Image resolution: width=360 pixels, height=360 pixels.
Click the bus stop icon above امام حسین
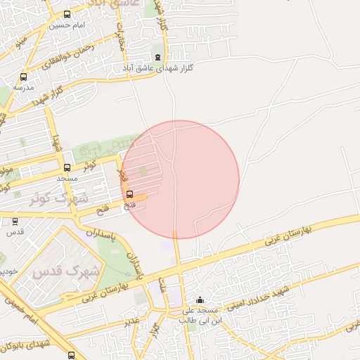[x=67, y=14]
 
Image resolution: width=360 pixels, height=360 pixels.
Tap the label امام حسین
[x=67, y=25]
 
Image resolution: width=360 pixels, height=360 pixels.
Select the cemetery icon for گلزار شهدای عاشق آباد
[x=157, y=58]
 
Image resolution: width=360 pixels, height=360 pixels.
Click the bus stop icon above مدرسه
[x=24, y=77]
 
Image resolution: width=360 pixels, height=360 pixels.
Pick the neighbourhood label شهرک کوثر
[x=56, y=198]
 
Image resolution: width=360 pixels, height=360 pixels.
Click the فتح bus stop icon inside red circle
[x=129, y=195]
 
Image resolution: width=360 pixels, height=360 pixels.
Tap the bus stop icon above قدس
[x=15, y=221]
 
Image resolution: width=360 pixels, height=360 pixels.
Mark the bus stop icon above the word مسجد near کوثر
[x=67, y=168]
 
